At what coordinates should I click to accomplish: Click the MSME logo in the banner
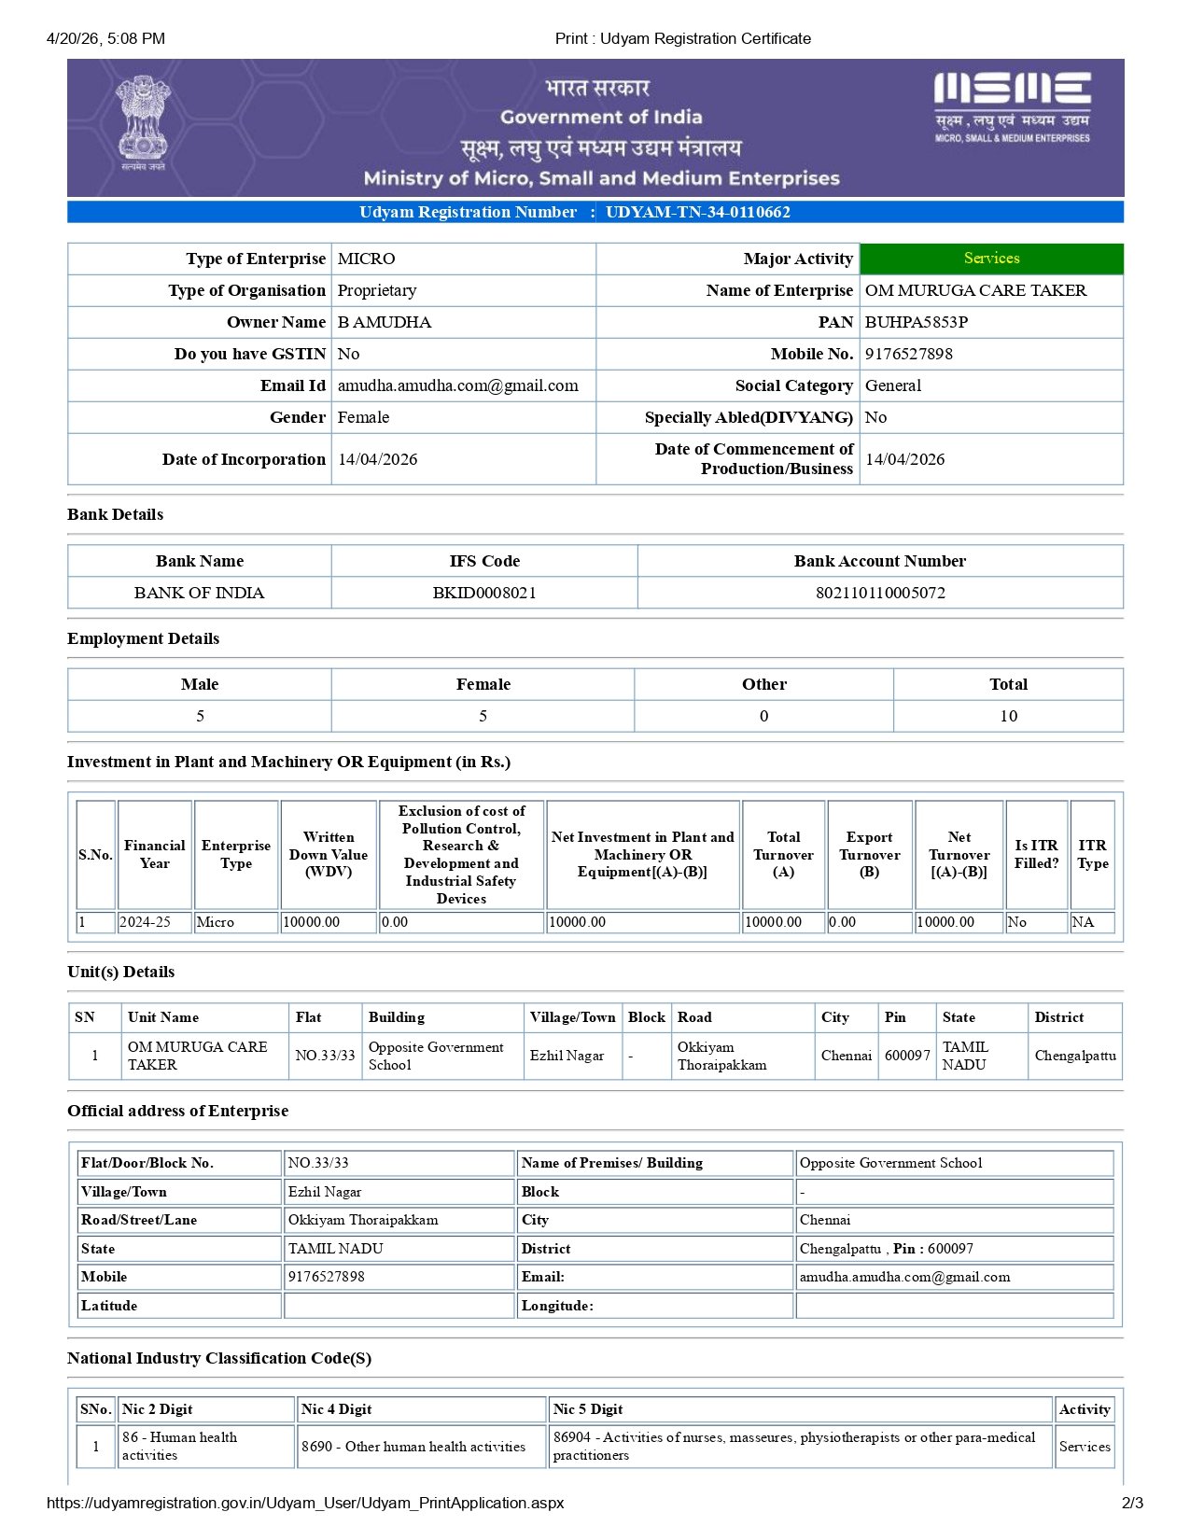[x=1013, y=105]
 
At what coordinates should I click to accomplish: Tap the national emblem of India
[x=143, y=121]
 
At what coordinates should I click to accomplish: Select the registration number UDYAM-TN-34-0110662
[x=697, y=212]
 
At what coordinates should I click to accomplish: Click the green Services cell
[x=991, y=259]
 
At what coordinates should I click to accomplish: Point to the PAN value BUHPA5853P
[x=916, y=322]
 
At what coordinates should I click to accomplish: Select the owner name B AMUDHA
[x=384, y=322]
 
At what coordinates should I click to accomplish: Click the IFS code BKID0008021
[x=484, y=593]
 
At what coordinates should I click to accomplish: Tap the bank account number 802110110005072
[x=880, y=593]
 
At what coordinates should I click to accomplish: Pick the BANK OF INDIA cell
[x=199, y=593]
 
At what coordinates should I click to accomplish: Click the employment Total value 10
[x=1008, y=716]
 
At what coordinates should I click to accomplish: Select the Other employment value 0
[x=763, y=716]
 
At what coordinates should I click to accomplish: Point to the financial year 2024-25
[x=146, y=922]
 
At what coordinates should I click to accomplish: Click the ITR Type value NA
[x=1083, y=922]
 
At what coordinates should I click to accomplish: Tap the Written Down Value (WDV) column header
[x=329, y=854]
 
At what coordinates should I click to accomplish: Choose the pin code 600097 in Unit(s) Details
[x=907, y=1056]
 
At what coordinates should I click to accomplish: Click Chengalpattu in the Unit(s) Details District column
[x=1075, y=1056]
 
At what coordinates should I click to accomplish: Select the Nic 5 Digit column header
[x=588, y=1409]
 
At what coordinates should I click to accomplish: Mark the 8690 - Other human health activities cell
[x=413, y=1447]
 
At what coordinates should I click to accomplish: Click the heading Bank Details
[x=115, y=514]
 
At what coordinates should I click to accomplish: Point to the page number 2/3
[x=1132, y=1503]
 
